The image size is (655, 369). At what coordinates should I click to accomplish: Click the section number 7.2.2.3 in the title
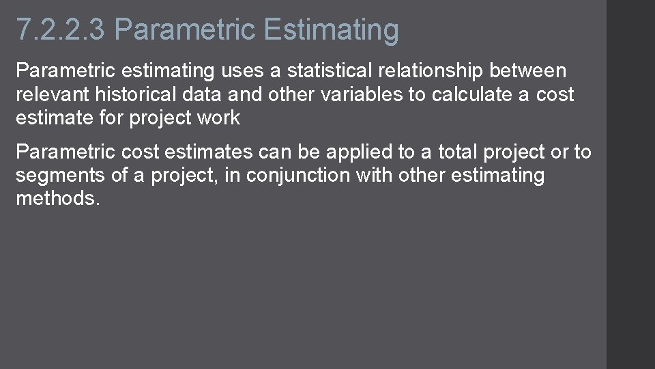61,30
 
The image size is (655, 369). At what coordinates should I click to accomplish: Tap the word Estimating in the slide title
331,30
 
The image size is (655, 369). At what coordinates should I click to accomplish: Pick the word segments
59,176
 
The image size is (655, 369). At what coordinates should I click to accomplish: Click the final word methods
57,199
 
